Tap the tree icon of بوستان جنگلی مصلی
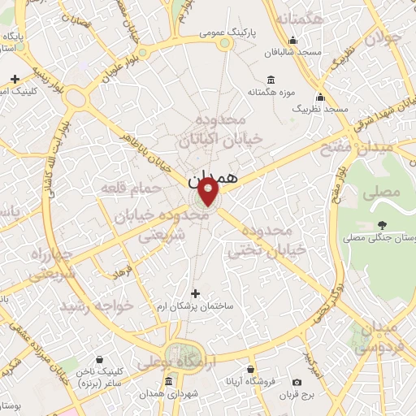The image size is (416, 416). pyautogui.click(x=382, y=225)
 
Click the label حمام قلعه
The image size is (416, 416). pyautogui.click(x=127, y=188)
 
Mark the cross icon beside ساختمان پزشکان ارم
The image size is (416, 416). pyautogui.click(x=194, y=293)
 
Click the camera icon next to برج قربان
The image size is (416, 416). pyautogui.click(x=297, y=382)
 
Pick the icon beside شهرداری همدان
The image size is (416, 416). pyautogui.click(x=167, y=382)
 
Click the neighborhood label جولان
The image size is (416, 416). pyautogui.click(x=383, y=37)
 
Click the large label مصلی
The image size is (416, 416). pyautogui.click(x=384, y=193)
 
